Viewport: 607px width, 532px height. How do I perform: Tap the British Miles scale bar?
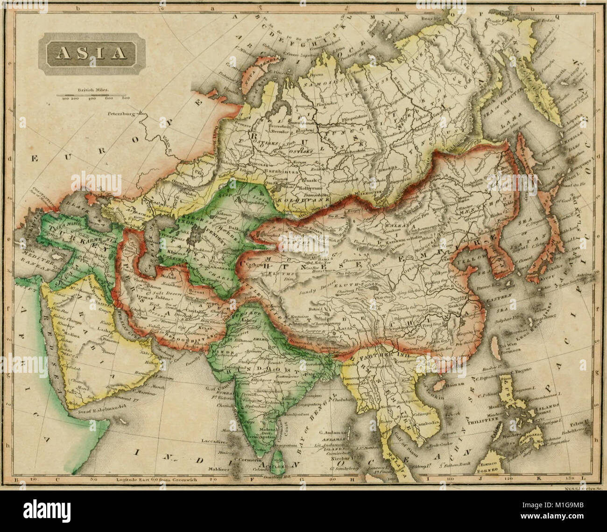(x=90, y=96)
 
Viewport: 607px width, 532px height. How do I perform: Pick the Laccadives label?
(x=214, y=440)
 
